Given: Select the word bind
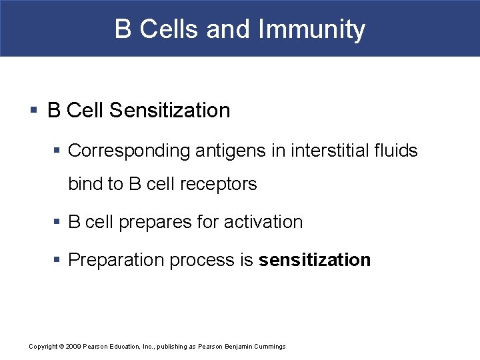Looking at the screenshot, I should (x=85, y=184).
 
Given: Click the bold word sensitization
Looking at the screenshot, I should (x=315, y=260).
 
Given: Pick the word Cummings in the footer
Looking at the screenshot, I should (x=269, y=347).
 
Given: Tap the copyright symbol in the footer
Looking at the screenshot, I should (x=62, y=347).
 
